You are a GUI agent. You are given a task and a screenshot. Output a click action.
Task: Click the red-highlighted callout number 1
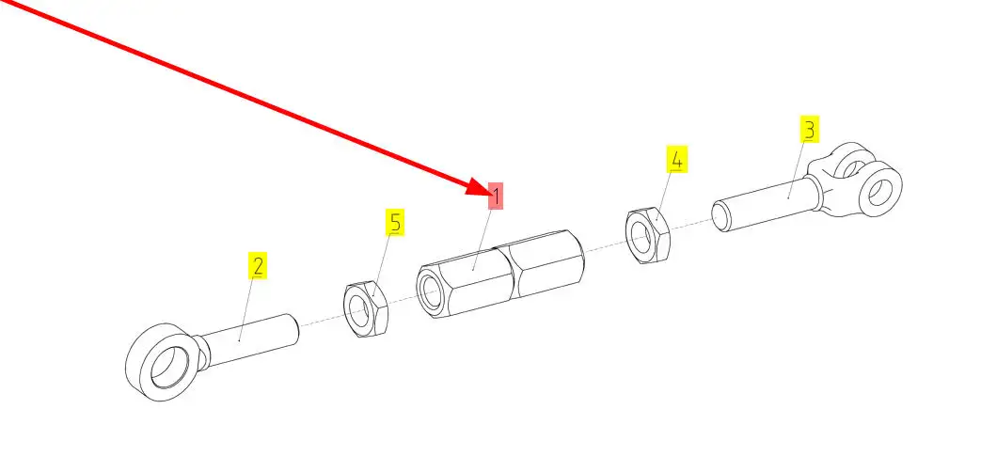point(496,197)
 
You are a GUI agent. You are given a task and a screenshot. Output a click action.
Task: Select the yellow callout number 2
point(257,265)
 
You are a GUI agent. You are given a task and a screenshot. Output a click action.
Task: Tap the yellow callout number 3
point(810,130)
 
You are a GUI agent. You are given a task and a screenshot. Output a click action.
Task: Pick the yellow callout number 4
point(676,160)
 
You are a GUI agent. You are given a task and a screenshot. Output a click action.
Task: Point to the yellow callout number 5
point(394,223)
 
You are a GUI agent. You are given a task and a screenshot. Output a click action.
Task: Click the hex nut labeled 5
point(366,308)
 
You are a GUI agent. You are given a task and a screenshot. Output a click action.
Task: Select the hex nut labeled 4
point(647,235)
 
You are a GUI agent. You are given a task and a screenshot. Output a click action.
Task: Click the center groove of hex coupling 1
point(509,273)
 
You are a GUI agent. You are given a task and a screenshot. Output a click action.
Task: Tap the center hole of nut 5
point(358,310)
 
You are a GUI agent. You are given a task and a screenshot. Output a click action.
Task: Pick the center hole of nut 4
point(640,237)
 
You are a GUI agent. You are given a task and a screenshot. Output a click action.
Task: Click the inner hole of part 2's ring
point(166,367)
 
